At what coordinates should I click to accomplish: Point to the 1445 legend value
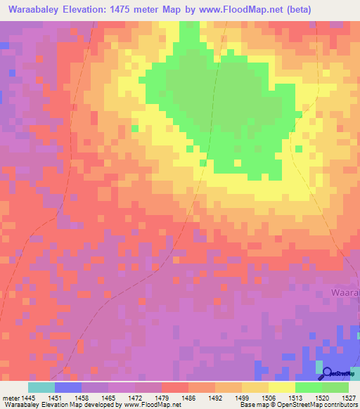coord(28,397)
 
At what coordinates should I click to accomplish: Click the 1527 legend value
coord(349,397)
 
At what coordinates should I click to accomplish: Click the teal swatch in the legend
coord(41,387)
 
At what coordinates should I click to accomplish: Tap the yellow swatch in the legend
coord(282,387)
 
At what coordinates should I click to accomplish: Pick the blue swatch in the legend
coord(68,387)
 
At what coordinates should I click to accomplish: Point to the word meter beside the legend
coord(11,397)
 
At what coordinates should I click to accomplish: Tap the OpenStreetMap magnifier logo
coord(327,372)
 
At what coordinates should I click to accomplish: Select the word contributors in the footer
coord(340,405)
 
